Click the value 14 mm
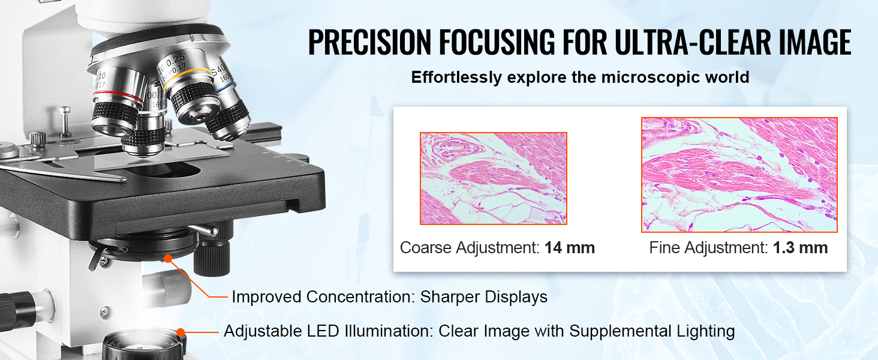coord(569,248)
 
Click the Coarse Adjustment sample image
coord(493,179)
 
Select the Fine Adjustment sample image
coord(739,175)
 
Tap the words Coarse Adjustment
coord(470,248)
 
